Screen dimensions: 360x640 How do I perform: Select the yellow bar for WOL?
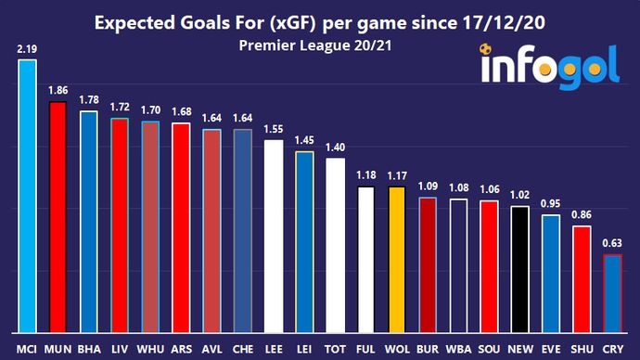pyautogui.click(x=396, y=259)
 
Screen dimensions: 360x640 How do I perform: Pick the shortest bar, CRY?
pyautogui.click(x=612, y=293)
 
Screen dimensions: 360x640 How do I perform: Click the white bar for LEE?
pyautogui.click(x=273, y=236)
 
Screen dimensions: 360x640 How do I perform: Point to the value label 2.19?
pyautogui.click(x=26, y=46)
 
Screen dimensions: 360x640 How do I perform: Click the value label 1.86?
pyautogui.click(x=57, y=90)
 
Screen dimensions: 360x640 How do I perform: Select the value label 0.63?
pyautogui.click(x=612, y=244)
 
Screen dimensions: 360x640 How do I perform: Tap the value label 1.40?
pyautogui.click(x=335, y=147)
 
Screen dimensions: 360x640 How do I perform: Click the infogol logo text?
pyautogui.click(x=551, y=69)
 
